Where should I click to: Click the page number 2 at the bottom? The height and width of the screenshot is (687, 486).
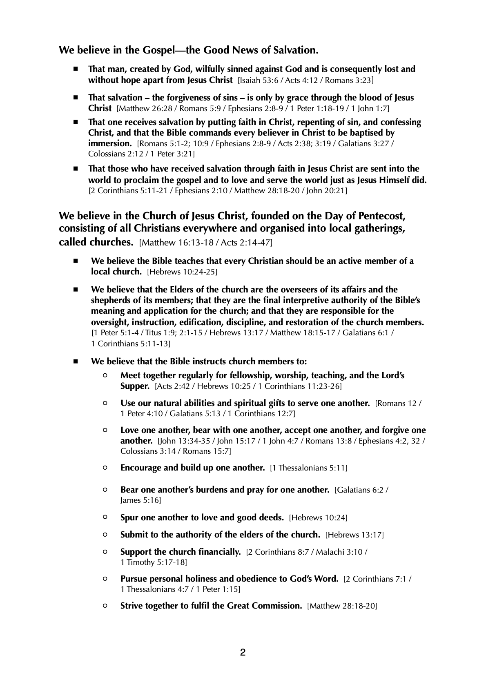coord(243,652)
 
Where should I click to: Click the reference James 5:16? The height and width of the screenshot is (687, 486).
coord(140,500)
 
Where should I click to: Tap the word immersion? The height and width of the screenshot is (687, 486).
coord(109,143)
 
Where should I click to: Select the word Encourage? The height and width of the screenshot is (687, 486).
coord(140,468)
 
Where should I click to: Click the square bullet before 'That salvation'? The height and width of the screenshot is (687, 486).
coord(75,98)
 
